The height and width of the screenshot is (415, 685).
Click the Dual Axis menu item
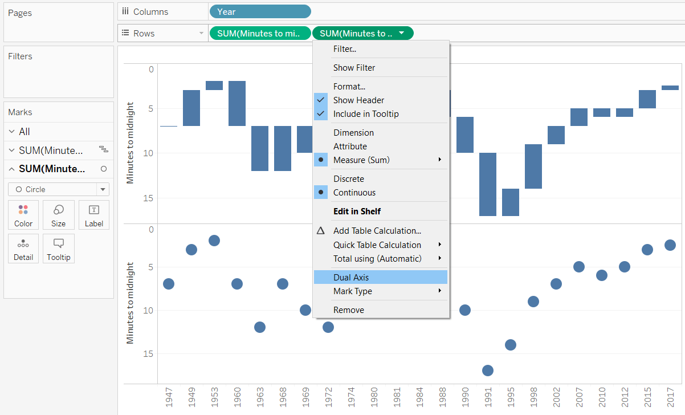(351, 278)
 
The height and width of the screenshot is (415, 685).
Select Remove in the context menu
(349, 310)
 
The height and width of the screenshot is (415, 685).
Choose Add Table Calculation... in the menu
(377, 231)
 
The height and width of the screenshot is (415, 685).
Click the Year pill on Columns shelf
(260, 11)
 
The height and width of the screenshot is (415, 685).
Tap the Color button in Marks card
(23, 215)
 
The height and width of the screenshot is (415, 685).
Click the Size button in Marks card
(58, 215)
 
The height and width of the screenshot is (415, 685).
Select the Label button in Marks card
(94, 215)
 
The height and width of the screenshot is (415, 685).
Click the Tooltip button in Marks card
(58, 249)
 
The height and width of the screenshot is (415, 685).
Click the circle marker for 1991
(488, 371)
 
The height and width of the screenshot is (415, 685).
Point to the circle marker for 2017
(670, 245)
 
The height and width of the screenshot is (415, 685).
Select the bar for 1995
(511, 202)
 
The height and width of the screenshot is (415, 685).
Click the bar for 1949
(191, 108)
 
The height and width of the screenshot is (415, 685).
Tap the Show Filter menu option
(354, 68)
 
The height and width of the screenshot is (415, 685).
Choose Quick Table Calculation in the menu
(377, 245)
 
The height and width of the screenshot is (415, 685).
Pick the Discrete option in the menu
(349, 179)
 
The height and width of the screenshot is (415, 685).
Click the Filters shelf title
(20, 56)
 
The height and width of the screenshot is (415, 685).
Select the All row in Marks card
(25, 132)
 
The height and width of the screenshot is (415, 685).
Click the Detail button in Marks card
(23, 249)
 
